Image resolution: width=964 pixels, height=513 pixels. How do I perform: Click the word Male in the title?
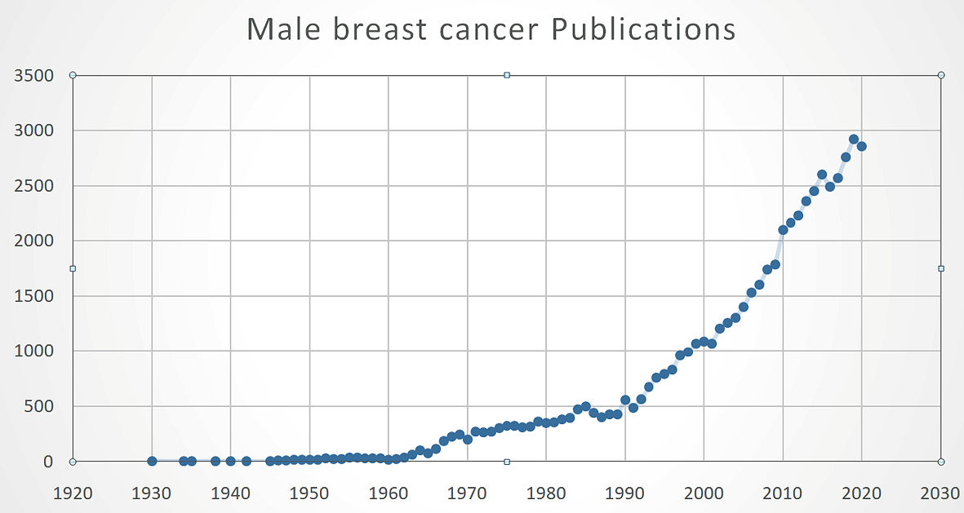click(x=282, y=29)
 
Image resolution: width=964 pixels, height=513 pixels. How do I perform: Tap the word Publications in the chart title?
click(x=644, y=29)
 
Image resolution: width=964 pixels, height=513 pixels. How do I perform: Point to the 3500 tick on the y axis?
click(x=34, y=76)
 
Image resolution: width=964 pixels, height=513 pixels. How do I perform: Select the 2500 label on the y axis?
click(x=34, y=186)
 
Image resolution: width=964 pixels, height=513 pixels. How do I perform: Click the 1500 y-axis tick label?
click(x=34, y=296)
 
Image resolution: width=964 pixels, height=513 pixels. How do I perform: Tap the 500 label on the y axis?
click(x=40, y=406)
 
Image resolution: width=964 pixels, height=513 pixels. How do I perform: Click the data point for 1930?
click(x=152, y=461)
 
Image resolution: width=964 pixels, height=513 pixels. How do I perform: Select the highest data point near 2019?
click(x=854, y=139)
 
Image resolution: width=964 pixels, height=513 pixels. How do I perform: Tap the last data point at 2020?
click(x=861, y=146)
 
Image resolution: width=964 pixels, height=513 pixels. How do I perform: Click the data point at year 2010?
click(x=783, y=230)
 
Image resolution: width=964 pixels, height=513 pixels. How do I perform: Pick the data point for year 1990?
click(x=625, y=400)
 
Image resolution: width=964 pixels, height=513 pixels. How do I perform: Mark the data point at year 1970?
click(x=468, y=440)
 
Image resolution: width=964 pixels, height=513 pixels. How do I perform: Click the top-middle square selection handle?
click(x=507, y=75)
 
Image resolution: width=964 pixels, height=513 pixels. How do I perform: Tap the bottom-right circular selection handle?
click(x=941, y=462)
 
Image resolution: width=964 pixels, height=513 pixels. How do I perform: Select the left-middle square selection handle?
click(x=73, y=268)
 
